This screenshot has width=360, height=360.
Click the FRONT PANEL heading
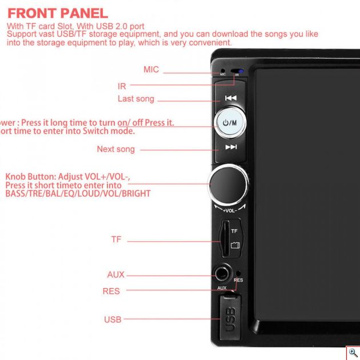(x=58, y=13)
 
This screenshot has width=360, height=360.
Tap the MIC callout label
(x=151, y=70)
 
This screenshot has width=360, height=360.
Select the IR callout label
(x=122, y=86)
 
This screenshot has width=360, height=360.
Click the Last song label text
(x=135, y=99)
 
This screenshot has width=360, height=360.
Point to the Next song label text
(x=115, y=149)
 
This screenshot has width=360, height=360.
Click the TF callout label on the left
(x=116, y=239)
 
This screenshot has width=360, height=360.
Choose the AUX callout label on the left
(x=115, y=275)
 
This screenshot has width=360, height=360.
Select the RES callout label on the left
(x=111, y=291)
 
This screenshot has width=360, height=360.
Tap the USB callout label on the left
(x=113, y=319)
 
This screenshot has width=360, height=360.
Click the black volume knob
(x=229, y=184)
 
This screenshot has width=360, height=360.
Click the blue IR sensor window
(x=241, y=71)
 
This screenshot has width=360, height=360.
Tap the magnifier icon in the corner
(x=353, y=353)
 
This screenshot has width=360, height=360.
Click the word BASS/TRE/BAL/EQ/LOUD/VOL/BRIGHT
(x=78, y=194)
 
